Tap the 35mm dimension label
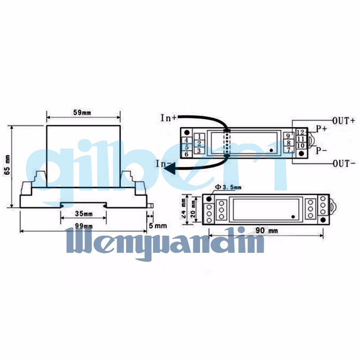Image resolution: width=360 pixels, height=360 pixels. [84, 213]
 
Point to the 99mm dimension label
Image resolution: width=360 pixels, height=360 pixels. [84, 225]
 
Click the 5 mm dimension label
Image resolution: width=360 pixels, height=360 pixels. [157, 225]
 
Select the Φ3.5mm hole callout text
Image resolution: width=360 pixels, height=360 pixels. [229, 187]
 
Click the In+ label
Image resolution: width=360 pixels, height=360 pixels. [169, 118]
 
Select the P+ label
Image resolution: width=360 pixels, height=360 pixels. [321, 129]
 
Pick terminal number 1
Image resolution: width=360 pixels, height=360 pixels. [198, 136]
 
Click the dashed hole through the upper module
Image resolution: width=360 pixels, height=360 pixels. [227, 143]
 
